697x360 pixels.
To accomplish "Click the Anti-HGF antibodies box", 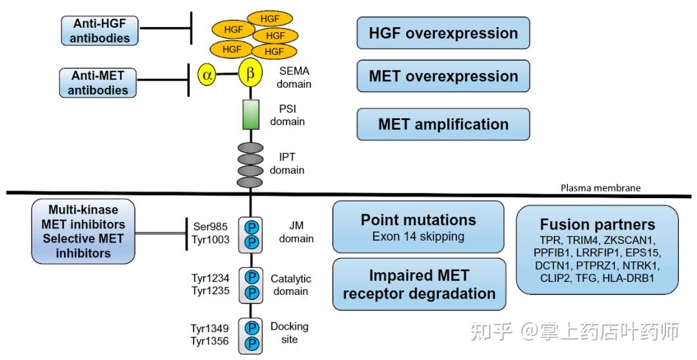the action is point(99,31).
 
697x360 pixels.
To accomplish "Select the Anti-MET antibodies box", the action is point(98,83).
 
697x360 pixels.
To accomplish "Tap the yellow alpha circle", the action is point(207,74).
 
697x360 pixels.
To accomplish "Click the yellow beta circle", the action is point(250,74).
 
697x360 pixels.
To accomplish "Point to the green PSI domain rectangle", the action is point(250,115).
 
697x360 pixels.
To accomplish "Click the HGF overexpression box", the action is point(443,33).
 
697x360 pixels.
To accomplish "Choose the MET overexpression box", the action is point(443,76).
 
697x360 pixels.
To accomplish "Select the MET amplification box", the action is point(443,124).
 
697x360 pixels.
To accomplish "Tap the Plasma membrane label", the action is point(601,188).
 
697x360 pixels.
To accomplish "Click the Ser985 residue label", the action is point(210,226).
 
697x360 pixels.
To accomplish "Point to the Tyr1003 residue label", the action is point(210,239).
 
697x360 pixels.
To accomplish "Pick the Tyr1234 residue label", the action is point(210,278).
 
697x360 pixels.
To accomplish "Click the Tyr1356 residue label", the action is point(210,341).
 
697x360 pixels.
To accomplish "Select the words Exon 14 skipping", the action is point(418,236).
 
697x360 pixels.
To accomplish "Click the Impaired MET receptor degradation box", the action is point(419,285).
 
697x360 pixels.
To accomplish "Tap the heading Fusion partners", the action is point(598,224).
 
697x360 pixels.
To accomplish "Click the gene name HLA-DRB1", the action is point(629,279).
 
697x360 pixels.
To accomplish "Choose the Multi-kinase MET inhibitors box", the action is point(83,231).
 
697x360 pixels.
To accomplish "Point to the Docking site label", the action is point(289,333).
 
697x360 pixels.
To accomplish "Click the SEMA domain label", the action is point(294,77).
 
